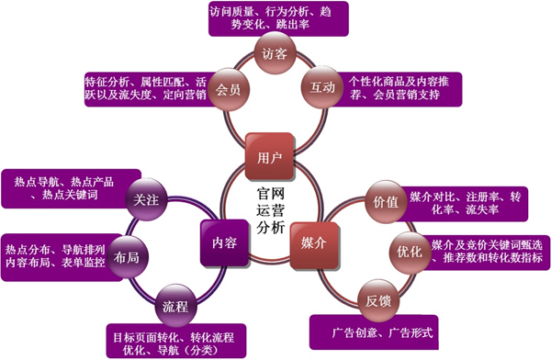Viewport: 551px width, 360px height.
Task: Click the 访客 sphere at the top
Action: point(274,54)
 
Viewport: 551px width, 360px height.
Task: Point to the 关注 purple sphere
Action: point(145,199)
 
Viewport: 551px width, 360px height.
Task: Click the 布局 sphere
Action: point(129,259)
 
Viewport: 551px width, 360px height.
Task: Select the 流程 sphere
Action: point(174,304)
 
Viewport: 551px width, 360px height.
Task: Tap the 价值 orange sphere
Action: point(380,199)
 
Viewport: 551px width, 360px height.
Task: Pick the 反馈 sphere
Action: point(377,299)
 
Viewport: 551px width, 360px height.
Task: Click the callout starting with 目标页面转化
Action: point(173,341)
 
